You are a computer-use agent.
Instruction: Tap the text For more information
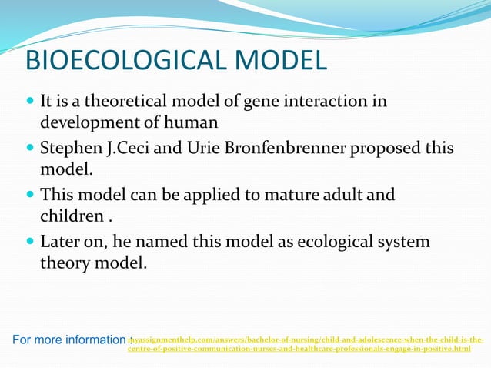click(x=68, y=340)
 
